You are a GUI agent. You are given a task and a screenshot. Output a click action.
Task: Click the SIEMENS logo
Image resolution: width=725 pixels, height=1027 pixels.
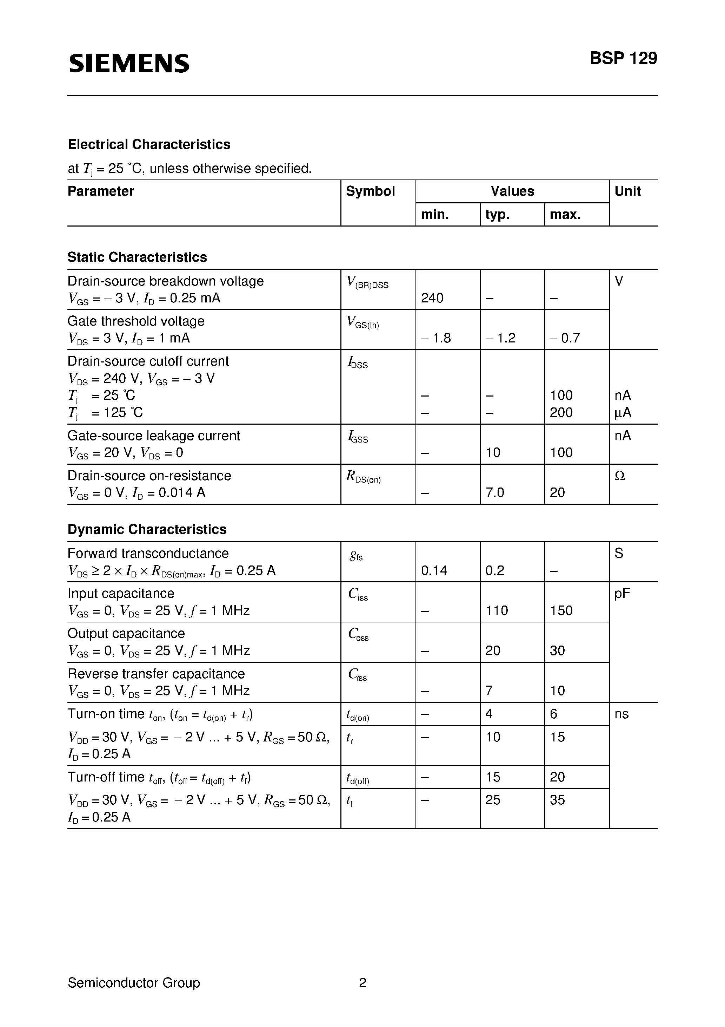coord(129,63)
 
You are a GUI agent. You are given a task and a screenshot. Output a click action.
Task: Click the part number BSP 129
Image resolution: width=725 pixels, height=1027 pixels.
coord(623,59)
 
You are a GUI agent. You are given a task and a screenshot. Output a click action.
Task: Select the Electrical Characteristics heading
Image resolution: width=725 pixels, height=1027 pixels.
coord(149,144)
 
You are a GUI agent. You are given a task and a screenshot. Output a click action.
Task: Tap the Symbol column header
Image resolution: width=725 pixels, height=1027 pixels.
coord(370,191)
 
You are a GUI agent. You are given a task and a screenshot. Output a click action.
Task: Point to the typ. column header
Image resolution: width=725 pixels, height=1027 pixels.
coord(498,215)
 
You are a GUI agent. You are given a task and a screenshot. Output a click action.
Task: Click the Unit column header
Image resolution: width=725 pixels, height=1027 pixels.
coord(627,191)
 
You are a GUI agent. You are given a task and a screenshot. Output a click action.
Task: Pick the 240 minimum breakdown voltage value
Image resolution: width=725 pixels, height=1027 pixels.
coord(432,298)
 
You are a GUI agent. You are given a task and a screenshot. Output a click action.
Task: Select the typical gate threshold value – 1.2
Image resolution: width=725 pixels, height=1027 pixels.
coord(500,338)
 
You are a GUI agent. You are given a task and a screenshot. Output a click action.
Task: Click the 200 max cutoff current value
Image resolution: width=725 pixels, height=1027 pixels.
coord(561,412)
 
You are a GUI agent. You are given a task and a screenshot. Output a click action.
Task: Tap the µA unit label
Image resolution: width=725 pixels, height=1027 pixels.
coord(623,412)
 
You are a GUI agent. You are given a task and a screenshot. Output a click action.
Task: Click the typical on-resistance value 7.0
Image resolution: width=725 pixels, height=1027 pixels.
coord(494,493)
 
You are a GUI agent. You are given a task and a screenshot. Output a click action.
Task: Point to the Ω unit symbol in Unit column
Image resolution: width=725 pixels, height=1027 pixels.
coord(619,476)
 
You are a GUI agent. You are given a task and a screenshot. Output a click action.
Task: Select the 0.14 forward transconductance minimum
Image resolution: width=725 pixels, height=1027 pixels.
coord(434,571)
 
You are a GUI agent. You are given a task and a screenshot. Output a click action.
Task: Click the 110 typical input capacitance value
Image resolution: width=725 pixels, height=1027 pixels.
coord(497,610)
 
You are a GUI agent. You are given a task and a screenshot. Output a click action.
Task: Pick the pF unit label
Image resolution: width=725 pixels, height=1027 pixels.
coord(622,594)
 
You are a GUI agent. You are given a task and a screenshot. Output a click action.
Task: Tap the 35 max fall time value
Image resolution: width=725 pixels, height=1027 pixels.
coord(557,800)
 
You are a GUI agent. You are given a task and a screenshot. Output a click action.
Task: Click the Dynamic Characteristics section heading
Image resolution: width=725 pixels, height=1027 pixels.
coord(147,530)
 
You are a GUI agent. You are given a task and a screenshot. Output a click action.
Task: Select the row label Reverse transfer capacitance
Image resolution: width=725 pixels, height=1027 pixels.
coord(156,674)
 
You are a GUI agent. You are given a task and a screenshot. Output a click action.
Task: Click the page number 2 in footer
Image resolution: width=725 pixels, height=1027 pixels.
coord(362,983)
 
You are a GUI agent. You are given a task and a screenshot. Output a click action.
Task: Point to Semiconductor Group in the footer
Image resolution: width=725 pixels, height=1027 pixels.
coord(134,983)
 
